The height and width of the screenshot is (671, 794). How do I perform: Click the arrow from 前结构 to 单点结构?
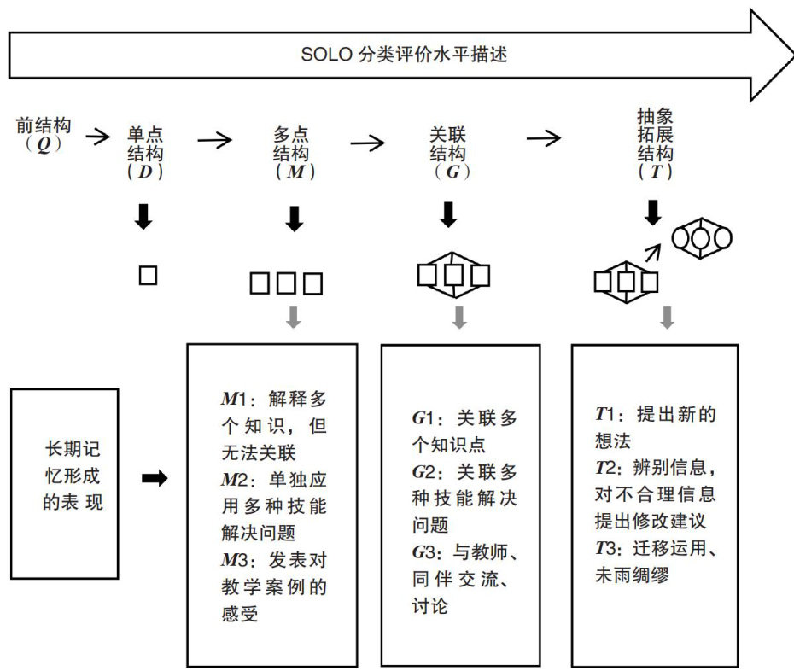[x=98, y=135]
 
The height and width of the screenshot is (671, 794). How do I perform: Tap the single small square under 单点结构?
[x=148, y=275]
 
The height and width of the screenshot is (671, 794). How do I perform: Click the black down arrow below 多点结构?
[x=295, y=219]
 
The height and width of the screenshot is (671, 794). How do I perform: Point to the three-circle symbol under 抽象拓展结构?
[x=703, y=238]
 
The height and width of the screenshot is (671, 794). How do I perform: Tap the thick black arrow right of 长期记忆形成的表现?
[x=155, y=479]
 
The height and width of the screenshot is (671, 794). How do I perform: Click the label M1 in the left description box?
[x=234, y=399]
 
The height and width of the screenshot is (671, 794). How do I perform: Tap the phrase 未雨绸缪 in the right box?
[x=631, y=575]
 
